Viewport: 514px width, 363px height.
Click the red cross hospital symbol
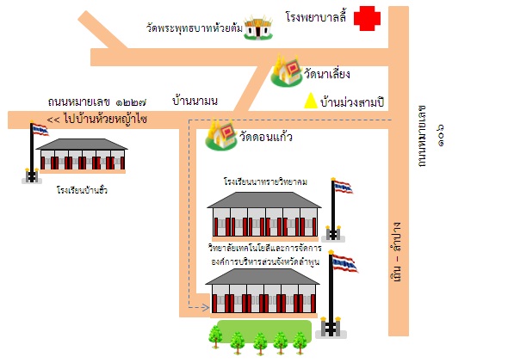coord(367,18)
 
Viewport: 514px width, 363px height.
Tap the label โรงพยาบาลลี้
coord(316,16)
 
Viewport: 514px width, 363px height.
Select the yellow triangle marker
coord(311,101)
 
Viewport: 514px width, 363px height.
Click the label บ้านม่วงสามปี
coord(352,102)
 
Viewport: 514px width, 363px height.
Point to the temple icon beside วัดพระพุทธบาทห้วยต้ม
coord(258,28)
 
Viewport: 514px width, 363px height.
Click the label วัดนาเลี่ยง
coord(327,74)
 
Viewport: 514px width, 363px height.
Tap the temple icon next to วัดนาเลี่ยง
coord(286,71)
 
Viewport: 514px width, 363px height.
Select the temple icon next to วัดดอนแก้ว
coord(221,134)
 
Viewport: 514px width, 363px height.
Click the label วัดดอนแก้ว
coord(266,136)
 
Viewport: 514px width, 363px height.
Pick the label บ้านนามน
coord(195,101)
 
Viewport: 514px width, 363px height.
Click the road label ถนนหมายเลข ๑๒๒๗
coord(97,102)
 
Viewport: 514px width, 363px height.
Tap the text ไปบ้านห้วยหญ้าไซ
coord(106,119)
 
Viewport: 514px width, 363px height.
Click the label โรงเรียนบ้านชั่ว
coord(82,190)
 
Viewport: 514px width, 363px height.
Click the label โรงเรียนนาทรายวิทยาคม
coord(265,181)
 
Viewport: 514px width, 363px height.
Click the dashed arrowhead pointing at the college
coord(206,307)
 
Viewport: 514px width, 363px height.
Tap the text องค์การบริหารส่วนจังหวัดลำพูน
coord(265,262)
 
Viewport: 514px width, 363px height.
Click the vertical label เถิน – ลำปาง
coord(396,252)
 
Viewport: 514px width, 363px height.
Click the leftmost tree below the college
coord(215,336)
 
